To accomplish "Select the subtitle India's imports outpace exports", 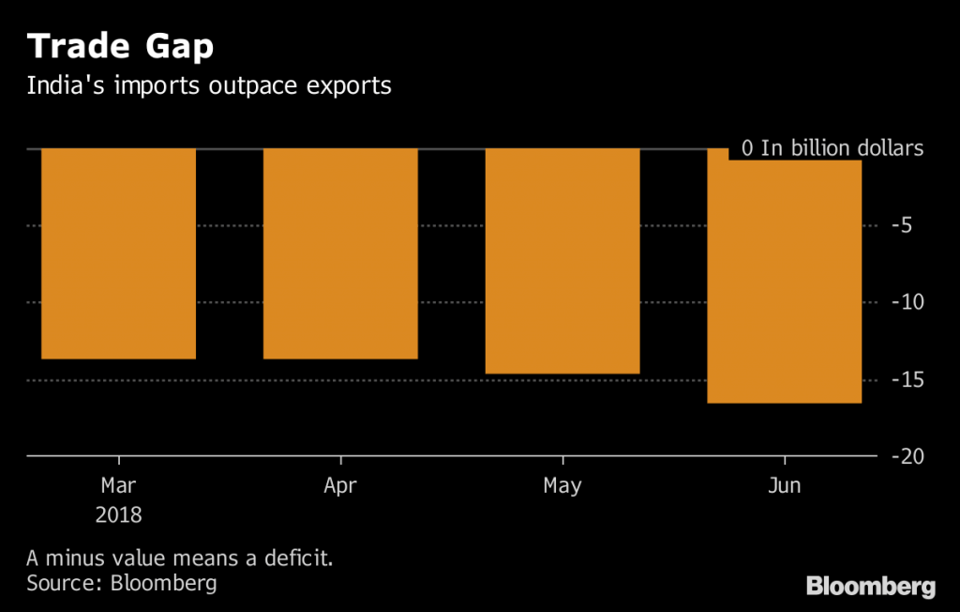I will (x=208, y=86).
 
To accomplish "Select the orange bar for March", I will (x=119, y=253).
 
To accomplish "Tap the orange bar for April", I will (x=340, y=253).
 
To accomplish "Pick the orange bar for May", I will (x=562, y=261).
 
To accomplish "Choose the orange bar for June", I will (x=784, y=282).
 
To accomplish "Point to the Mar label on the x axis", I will (x=119, y=486).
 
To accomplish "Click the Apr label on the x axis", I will (x=340, y=486).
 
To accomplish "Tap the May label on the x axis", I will (x=562, y=486).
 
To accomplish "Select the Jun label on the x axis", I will (x=784, y=486).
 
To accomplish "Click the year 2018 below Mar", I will (x=119, y=515).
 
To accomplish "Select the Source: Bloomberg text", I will (x=122, y=583).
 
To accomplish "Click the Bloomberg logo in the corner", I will (x=871, y=587).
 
